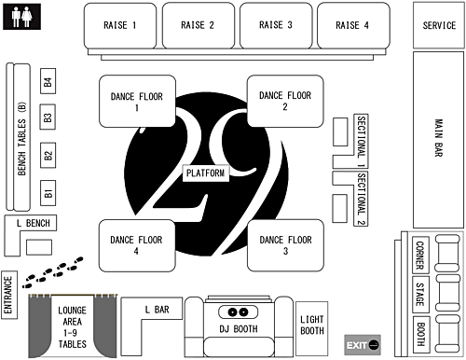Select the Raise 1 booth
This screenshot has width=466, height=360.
(120, 25)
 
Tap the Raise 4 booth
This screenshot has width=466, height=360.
(352, 25)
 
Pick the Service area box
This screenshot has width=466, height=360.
(438, 25)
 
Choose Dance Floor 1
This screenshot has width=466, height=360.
(136, 102)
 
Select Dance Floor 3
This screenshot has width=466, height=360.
(284, 245)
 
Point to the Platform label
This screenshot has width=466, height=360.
(206, 173)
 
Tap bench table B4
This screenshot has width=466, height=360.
(48, 83)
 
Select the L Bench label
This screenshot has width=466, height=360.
(33, 223)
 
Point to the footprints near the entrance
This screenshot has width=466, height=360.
(51, 273)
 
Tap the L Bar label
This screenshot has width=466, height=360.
(157, 310)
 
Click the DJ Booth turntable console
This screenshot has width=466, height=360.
(237, 312)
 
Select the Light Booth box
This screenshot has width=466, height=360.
(311, 325)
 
